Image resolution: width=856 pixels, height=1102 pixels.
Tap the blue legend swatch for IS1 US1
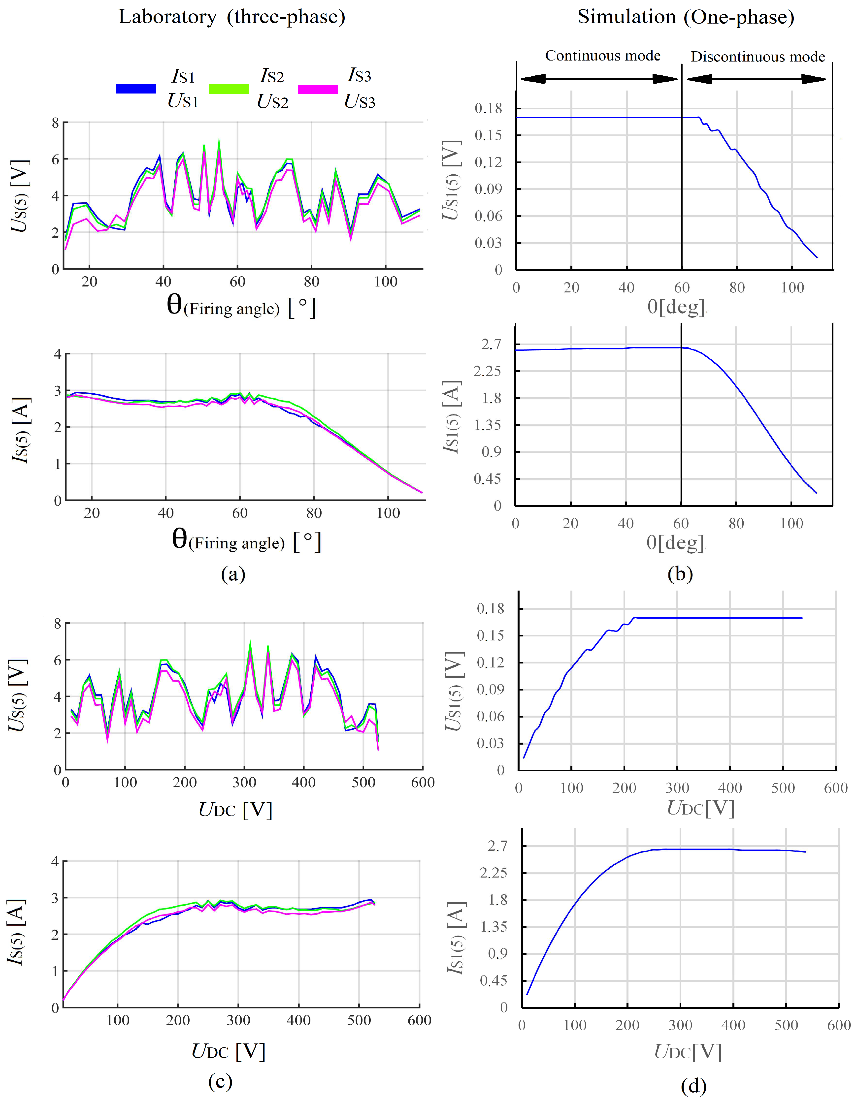point(136,89)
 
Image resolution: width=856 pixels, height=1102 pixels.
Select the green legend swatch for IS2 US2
point(229,89)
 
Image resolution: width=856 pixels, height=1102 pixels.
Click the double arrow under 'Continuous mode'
point(599,79)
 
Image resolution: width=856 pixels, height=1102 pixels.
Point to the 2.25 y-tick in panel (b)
point(488,371)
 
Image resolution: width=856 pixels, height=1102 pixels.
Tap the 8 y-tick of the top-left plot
point(56,123)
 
